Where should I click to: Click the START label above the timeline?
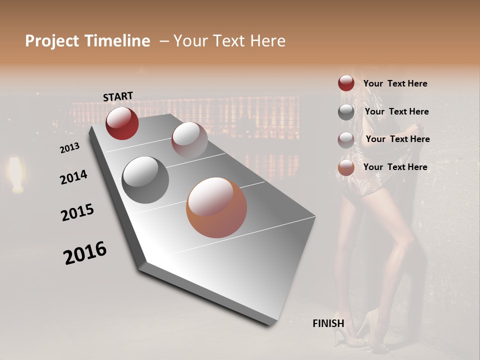(118, 96)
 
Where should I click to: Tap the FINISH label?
(328, 323)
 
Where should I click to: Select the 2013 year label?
(69, 148)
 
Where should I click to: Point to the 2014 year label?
(73, 177)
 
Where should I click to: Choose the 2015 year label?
(77, 212)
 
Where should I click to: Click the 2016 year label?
(85, 253)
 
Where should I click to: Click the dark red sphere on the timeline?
(122, 123)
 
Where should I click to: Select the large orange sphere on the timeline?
(216, 207)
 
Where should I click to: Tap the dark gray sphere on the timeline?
(145, 179)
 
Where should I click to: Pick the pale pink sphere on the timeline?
(189, 139)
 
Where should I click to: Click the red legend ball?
(346, 83)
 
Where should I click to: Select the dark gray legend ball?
(346, 112)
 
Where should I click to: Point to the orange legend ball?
(346, 167)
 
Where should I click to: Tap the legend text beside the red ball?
(395, 84)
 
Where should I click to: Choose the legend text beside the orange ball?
(395, 167)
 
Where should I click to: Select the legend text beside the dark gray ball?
(396, 111)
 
